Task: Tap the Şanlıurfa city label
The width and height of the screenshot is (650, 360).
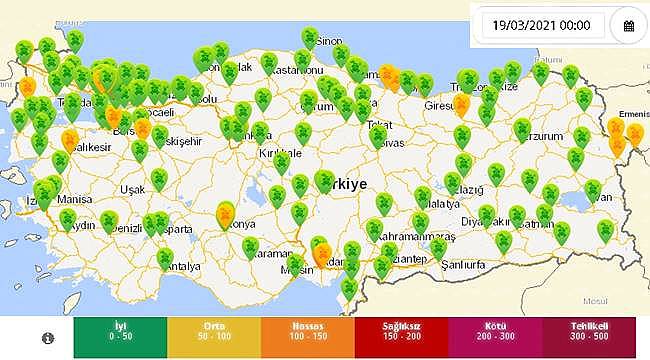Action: (x=472, y=265)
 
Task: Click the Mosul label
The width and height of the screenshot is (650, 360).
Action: (x=596, y=300)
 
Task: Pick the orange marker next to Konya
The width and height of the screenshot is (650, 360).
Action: (x=227, y=214)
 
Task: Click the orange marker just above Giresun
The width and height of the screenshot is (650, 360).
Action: (x=462, y=104)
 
